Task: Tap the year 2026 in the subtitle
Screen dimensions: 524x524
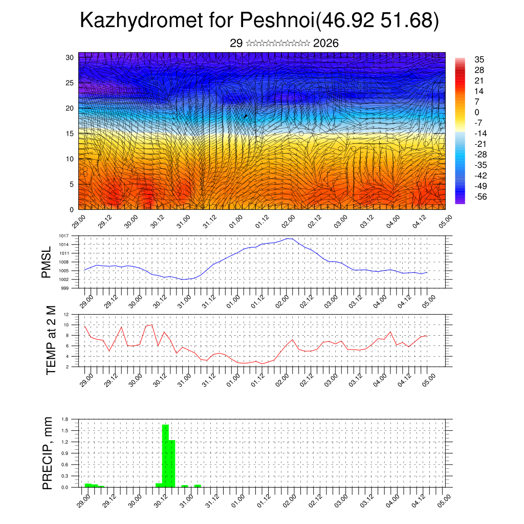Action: click(x=325, y=43)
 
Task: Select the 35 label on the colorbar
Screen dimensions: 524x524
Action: click(x=479, y=60)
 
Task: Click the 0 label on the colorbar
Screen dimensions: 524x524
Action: click(x=477, y=112)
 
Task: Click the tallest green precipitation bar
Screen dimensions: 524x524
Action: click(x=165, y=455)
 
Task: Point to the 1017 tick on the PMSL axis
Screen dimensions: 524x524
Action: click(x=64, y=236)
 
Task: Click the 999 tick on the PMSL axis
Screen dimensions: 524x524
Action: click(x=65, y=288)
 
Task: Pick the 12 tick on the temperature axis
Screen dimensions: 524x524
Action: click(x=66, y=314)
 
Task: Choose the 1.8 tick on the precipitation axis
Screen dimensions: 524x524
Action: click(x=65, y=419)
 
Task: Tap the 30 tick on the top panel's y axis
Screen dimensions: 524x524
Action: click(x=70, y=57)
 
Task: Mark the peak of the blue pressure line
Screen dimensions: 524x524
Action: click(x=289, y=238)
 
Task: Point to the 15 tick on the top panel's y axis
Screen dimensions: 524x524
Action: click(x=70, y=134)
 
